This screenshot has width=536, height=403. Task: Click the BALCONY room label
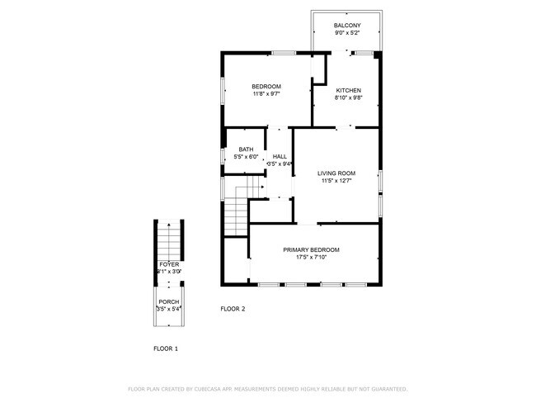click(347, 26)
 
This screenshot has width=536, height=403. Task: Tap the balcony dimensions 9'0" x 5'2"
click(347, 33)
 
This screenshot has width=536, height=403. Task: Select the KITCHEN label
click(348, 90)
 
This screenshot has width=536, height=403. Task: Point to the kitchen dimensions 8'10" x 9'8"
click(348, 97)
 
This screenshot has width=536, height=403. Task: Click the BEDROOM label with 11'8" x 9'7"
click(266, 87)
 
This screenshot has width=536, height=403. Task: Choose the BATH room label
click(246, 149)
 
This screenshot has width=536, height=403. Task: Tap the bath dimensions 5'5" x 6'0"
click(246, 157)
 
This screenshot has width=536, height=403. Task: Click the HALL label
click(280, 156)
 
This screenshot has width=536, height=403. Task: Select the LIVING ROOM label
click(336, 173)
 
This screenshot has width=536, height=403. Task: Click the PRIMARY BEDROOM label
click(311, 249)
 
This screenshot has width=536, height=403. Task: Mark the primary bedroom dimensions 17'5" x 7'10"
click(311, 257)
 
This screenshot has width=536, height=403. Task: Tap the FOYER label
click(168, 264)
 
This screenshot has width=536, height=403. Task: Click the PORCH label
click(168, 301)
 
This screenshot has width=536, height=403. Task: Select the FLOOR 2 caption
click(233, 309)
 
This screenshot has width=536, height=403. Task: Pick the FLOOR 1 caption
click(166, 348)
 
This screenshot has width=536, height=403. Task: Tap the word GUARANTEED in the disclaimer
click(386, 389)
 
